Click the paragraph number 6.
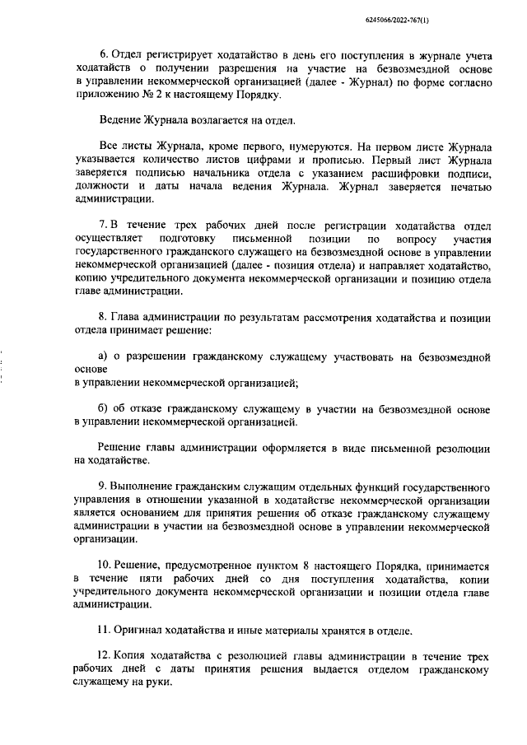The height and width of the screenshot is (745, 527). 101,56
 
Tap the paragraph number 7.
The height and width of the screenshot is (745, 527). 101,226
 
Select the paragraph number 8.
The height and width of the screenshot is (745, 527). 101,318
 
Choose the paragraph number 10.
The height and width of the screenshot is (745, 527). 104,566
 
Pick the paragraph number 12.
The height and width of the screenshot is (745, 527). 104,657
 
